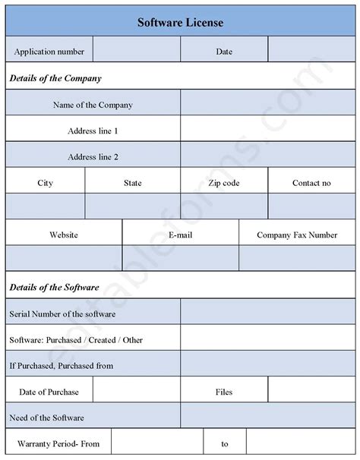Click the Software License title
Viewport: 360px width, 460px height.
[x=180, y=23]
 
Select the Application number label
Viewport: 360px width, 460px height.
[x=49, y=52]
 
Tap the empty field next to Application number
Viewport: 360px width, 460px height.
[x=137, y=52]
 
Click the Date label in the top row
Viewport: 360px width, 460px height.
[x=224, y=52]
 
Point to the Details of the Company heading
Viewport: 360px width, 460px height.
[x=55, y=78]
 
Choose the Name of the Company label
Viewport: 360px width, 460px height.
[x=93, y=105]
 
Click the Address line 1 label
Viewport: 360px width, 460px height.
[x=93, y=131]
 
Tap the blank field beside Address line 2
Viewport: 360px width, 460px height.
[x=268, y=157]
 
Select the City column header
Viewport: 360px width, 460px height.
[x=45, y=183]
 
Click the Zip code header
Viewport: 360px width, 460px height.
[x=224, y=183]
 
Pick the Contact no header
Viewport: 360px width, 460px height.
[x=311, y=183]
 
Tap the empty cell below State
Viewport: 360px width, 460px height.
[x=132, y=206]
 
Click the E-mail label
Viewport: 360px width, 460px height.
[x=181, y=235]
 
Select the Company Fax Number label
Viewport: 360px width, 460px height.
[x=297, y=235]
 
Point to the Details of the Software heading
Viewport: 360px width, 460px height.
[x=54, y=288]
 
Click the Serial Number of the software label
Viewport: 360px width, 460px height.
[x=62, y=313]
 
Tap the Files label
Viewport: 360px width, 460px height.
[x=224, y=392]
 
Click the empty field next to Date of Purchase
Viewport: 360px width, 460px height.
[x=136, y=392]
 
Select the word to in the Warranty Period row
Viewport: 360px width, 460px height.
[x=225, y=444]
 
